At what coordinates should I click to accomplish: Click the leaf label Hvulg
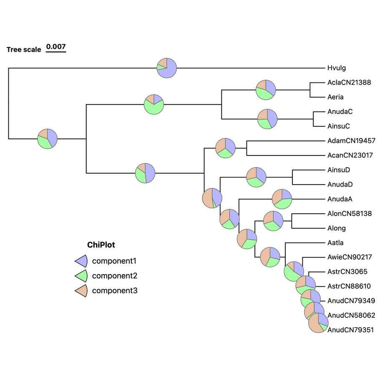click(337, 68)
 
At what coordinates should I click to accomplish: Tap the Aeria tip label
click(335, 97)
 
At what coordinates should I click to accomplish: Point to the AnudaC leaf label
click(340, 112)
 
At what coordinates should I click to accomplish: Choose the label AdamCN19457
click(352, 141)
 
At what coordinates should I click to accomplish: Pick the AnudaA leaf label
click(340, 199)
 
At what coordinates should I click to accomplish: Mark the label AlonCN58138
click(349, 214)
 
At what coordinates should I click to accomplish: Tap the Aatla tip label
click(335, 242)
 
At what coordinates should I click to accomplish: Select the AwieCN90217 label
click(349, 257)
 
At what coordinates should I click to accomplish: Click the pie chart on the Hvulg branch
click(167, 67)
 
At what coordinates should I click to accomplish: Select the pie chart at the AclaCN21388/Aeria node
click(266, 89)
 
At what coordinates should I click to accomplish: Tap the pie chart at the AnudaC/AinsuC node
click(267, 118)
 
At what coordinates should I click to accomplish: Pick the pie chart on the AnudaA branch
click(282, 199)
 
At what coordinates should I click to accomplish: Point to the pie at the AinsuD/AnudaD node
click(256, 177)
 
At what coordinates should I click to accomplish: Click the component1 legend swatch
click(81, 261)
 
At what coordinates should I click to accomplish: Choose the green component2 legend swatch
click(81, 276)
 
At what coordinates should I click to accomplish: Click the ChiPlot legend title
click(101, 245)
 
